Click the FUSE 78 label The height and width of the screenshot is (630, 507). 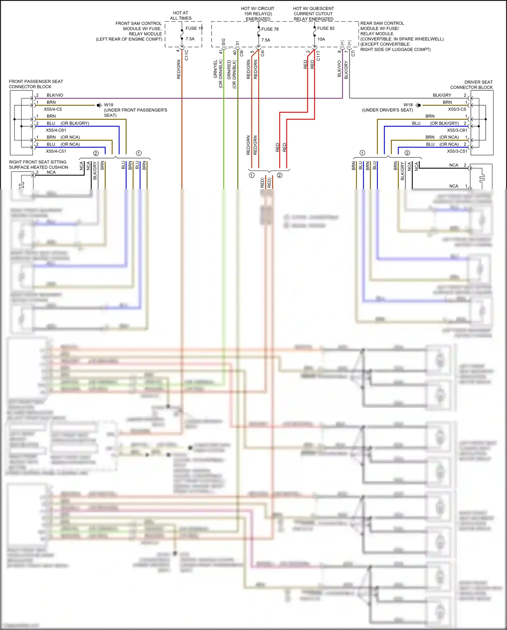click(270, 29)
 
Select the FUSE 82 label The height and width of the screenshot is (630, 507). click(326, 28)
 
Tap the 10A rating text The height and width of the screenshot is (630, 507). click(321, 39)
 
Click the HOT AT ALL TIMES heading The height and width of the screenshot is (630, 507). click(180, 16)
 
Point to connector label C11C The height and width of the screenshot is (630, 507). click(187, 55)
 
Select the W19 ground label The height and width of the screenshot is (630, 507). click(108, 105)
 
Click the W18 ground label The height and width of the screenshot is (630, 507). click(408, 105)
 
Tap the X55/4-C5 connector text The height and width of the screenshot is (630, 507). click(53, 109)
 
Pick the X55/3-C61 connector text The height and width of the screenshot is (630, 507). click(457, 130)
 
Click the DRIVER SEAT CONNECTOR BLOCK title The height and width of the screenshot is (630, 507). click(471, 85)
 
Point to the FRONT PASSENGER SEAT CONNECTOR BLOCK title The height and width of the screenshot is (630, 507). click(36, 84)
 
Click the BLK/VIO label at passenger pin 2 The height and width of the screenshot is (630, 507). click(55, 95)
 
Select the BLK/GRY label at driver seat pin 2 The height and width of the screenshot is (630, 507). click(442, 95)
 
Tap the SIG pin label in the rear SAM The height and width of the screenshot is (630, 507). click(223, 42)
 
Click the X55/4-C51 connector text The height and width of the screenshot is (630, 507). click(56, 151)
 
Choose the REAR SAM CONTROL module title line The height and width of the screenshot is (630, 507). click(382, 23)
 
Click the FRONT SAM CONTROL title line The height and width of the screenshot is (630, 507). click(138, 23)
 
